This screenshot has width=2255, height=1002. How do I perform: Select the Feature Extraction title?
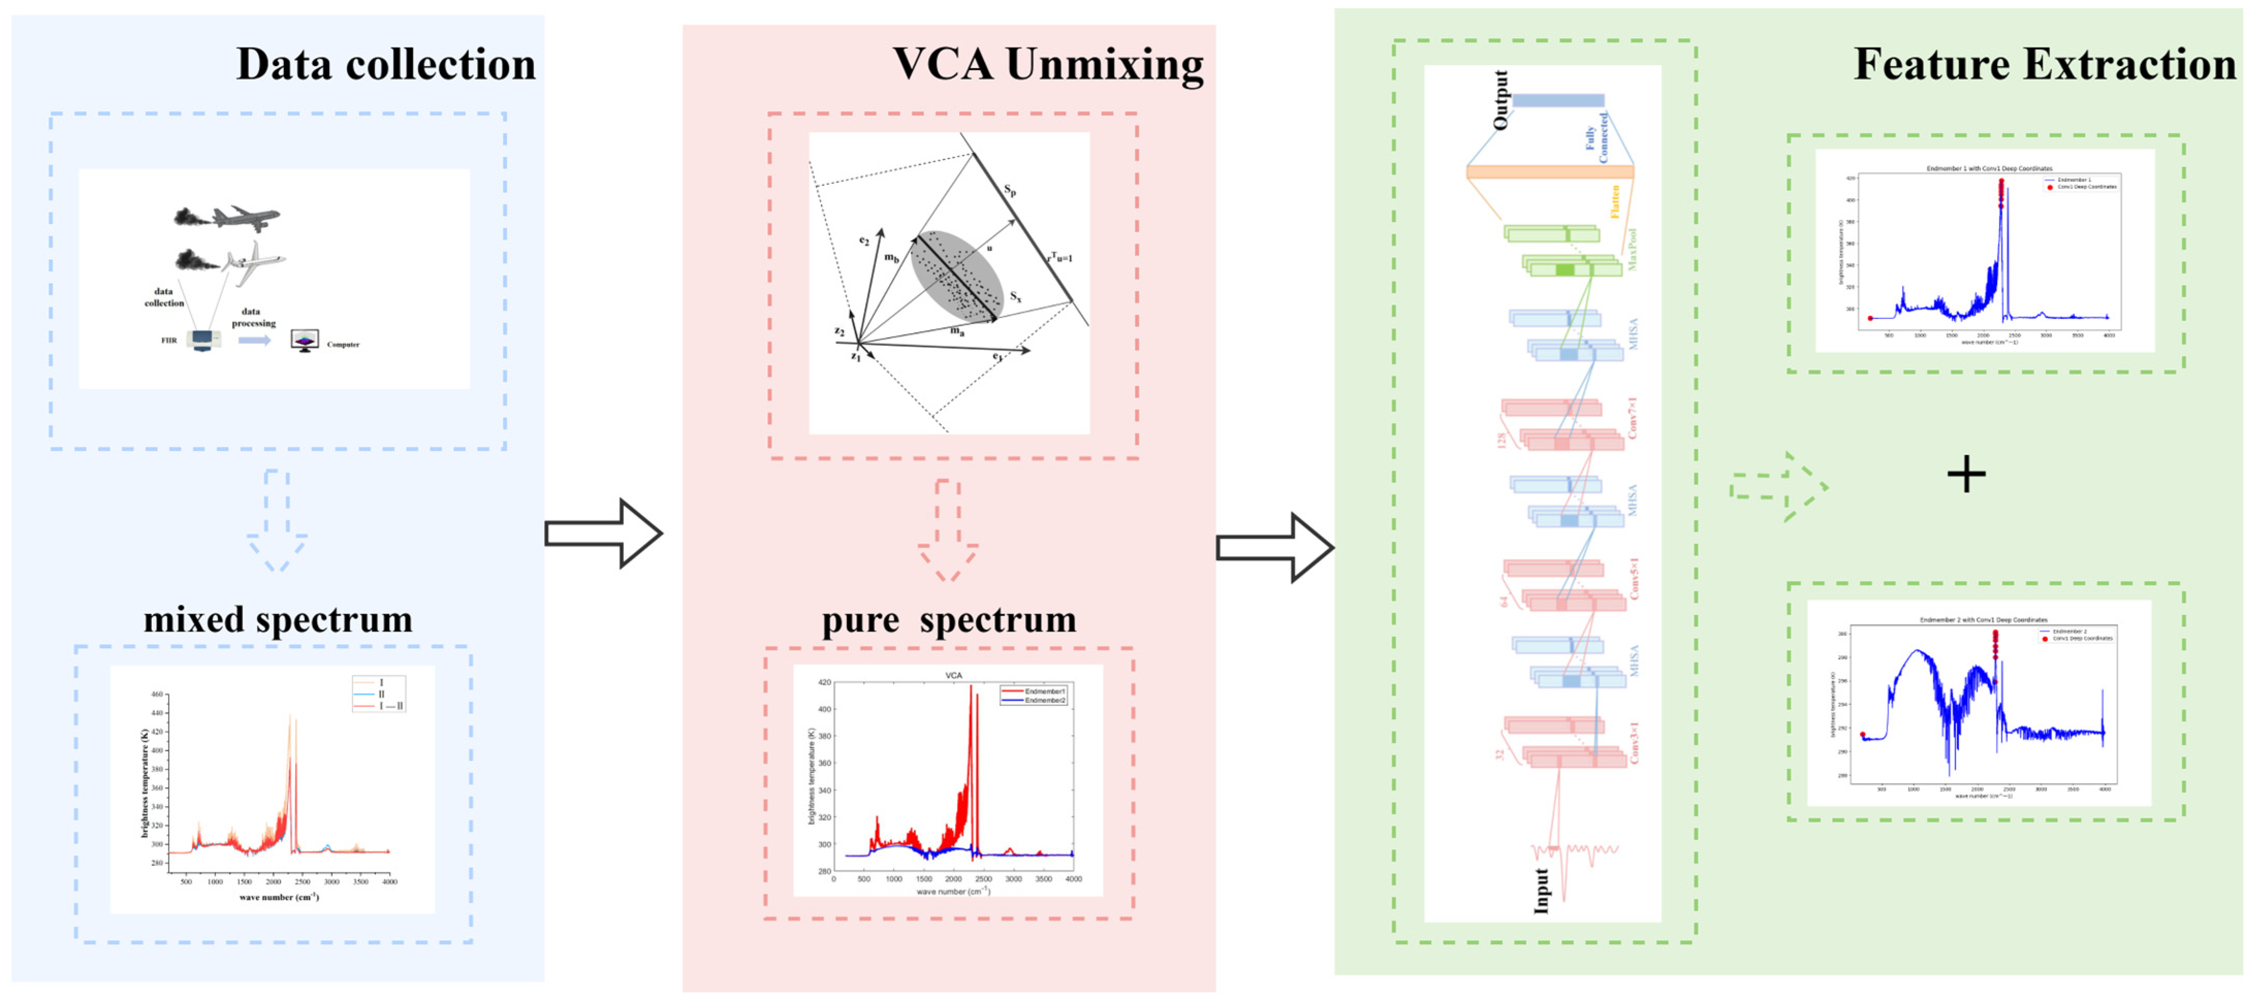[2044, 65]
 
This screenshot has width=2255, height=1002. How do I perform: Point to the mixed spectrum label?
[278, 620]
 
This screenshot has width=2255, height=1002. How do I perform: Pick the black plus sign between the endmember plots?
[1966, 474]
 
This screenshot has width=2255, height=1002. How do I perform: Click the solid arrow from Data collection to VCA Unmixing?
[603, 533]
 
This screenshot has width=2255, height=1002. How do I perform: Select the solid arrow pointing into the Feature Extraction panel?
[1275, 547]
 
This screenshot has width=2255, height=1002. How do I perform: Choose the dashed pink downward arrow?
[948, 529]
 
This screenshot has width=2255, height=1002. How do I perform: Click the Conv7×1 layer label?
[1632, 418]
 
